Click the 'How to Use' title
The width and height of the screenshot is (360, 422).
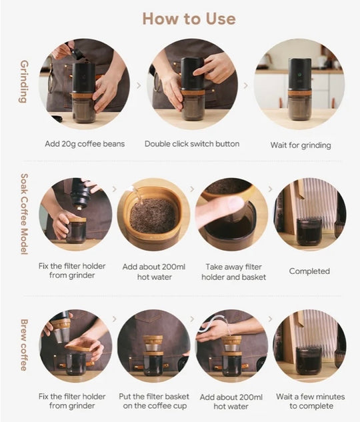click(189, 19)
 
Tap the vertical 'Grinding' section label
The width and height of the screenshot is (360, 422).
click(25, 81)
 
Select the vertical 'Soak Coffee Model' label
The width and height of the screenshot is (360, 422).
click(25, 214)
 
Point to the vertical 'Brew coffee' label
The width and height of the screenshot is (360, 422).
click(25, 345)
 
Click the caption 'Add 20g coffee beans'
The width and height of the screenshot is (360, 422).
click(85, 144)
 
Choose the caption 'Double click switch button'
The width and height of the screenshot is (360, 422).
click(192, 144)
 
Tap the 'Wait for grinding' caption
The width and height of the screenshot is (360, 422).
click(301, 145)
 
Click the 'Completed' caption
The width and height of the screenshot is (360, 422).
click(309, 271)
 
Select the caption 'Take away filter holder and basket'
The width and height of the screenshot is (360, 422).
click(234, 272)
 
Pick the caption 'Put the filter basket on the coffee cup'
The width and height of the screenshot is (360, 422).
click(154, 401)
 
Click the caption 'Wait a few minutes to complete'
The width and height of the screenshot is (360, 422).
click(311, 401)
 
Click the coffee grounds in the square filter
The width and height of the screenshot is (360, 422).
click(153, 215)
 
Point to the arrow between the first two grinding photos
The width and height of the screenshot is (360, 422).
click(139, 85)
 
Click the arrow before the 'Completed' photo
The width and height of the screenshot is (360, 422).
click(271, 189)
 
